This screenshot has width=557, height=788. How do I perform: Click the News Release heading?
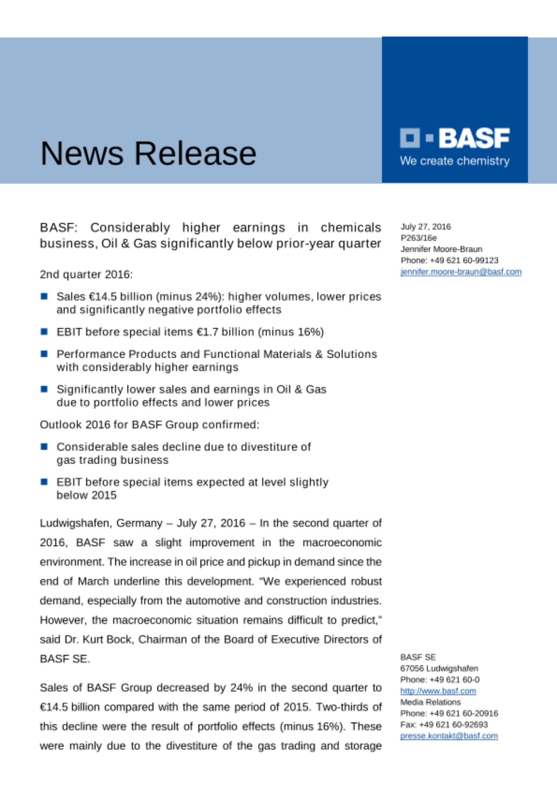pyautogui.click(x=148, y=153)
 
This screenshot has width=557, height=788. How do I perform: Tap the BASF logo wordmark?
pyautogui.click(x=474, y=138)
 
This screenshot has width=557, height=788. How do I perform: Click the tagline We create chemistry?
pyautogui.click(x=455, y=161)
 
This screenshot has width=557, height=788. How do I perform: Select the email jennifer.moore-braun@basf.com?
pyautogui.click(x=461, y=272)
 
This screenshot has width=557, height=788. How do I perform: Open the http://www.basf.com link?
pyautogui.click(x=438, y=691)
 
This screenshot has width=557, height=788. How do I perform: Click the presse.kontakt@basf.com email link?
pyautogui.click(x=449, y=736)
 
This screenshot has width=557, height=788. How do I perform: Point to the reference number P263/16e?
pyautogui.click(x=418, y=238)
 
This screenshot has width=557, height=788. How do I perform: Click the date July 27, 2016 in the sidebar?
pyautogui.click(x=425, y=227)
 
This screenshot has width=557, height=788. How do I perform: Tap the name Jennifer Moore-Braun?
pyautogui.click(x=441, y=249)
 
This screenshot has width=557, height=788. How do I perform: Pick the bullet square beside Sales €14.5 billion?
pyautogui.click(x=44, y=296)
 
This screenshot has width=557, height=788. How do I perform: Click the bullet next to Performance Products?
pyautogui.click(x=44, y=353)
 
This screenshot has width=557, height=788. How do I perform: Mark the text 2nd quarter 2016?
pyautogui.click(x=86, y=274)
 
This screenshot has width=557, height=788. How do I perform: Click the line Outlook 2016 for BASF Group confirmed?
pyautogui.click(x=149, y=425)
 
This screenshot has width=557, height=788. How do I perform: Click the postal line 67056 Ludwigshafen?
pyautogui.click(x=439, y=668)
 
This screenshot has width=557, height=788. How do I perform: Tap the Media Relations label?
pyautogui.click(x=430, y=702)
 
